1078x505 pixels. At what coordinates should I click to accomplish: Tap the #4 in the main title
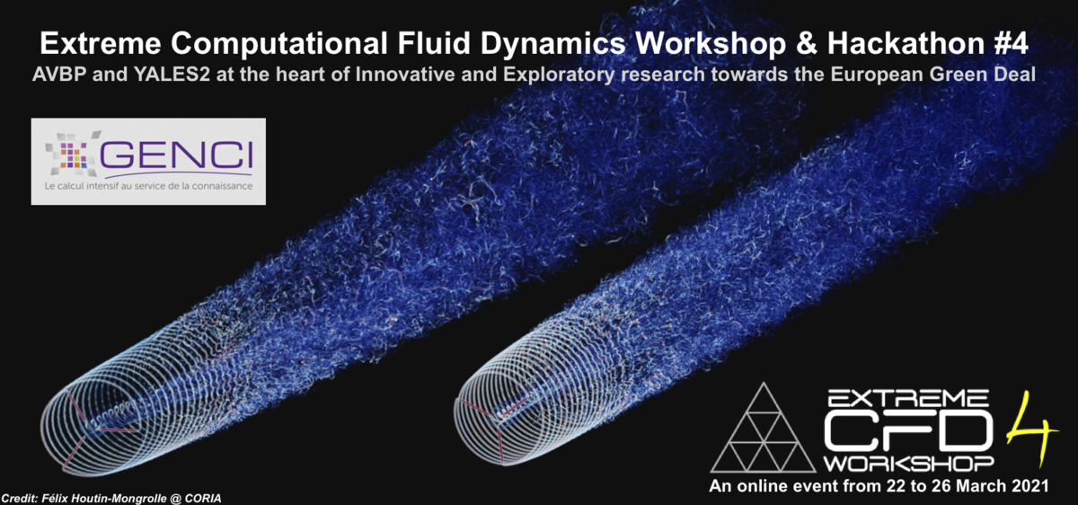[1009, 43]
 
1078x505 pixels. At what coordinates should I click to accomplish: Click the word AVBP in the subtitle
[58, 75]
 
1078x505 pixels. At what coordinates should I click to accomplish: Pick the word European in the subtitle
[876, 75]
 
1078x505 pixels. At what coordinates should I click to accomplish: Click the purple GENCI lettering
[176, 155]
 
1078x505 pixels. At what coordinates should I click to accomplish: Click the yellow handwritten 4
[1032, 429]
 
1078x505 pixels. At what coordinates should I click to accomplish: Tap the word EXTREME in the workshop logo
[907, 398]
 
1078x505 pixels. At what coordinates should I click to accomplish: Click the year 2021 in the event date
[1029, 486]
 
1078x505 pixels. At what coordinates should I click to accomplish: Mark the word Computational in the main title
[279, 43]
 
